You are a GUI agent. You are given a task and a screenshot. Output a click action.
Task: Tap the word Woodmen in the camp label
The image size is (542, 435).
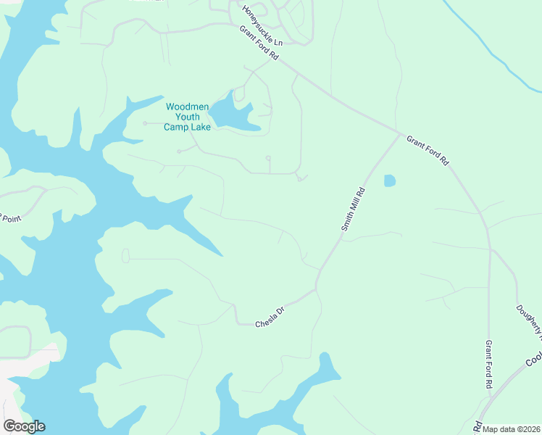188,107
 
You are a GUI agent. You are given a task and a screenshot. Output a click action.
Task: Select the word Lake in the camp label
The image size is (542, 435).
199,128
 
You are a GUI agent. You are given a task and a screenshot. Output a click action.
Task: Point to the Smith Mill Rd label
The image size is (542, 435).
352,210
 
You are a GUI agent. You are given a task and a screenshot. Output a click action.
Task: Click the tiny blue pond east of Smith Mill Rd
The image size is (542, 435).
389,181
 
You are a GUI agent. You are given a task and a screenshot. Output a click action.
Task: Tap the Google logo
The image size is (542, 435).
24,426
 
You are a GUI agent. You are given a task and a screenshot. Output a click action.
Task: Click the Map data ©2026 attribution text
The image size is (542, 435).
511,429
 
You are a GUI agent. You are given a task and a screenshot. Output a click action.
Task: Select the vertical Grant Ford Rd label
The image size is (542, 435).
489,364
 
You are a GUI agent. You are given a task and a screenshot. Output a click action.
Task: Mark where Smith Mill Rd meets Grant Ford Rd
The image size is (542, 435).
399,133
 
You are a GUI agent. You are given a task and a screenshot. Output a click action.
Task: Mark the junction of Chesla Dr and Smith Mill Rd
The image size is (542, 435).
316,289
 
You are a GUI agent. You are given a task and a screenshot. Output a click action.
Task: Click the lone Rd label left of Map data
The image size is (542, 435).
478,425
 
